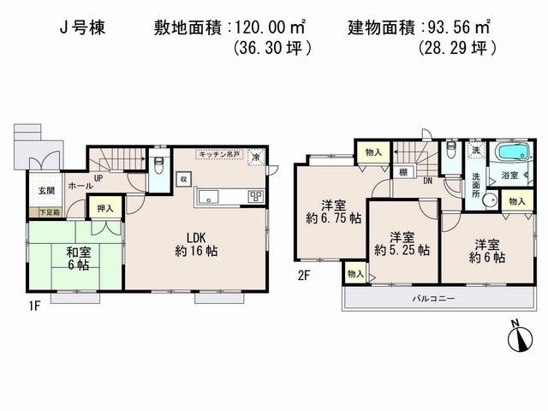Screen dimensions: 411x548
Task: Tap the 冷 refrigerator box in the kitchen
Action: [x=256, y=158]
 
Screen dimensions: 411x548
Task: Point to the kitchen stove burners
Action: [x=256, y=197]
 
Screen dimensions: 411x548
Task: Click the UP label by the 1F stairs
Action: [x=98, y=179]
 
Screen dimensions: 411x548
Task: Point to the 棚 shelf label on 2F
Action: [x=402, y=173]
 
